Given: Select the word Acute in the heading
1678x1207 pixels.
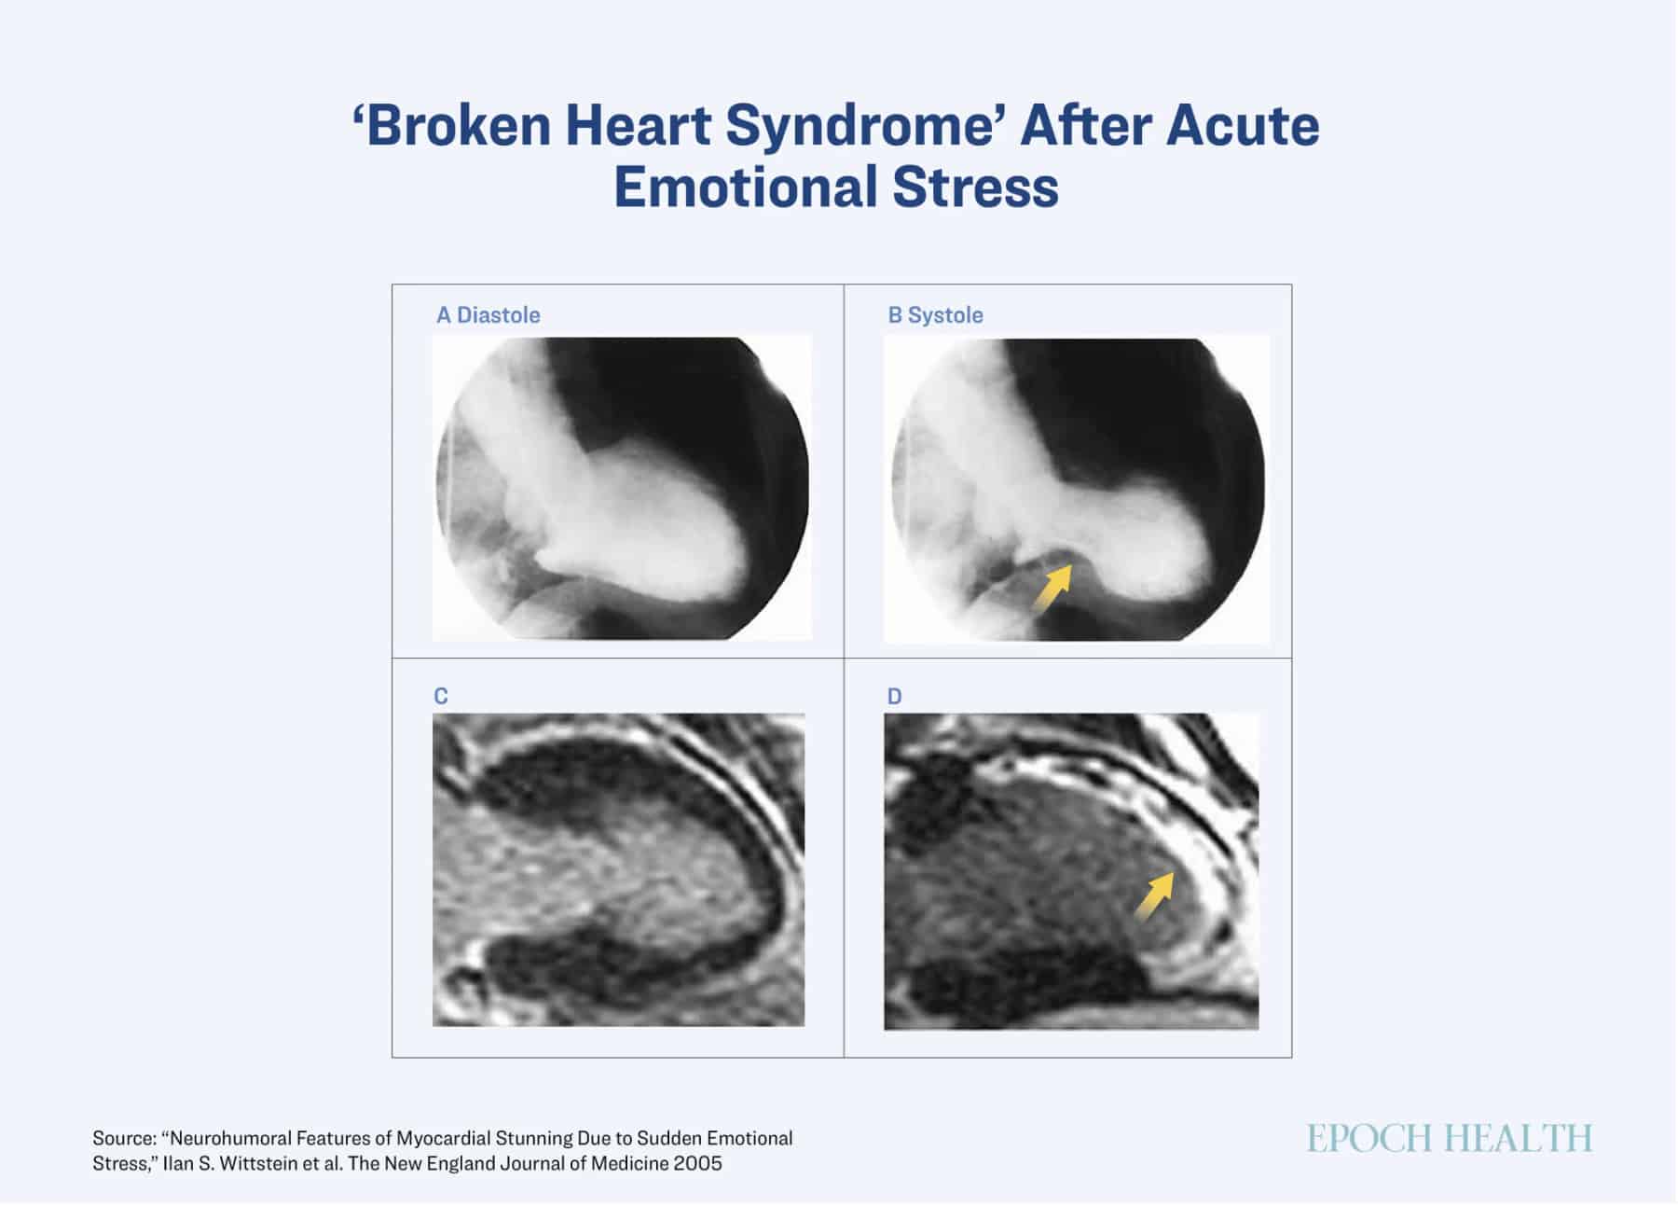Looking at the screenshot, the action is [1243, 126].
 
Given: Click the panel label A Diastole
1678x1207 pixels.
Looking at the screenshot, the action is [488, 315].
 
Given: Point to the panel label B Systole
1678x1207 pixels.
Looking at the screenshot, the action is [935, 315].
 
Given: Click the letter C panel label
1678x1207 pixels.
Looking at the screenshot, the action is [441, 697].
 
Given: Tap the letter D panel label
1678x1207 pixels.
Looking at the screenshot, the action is [894, 697].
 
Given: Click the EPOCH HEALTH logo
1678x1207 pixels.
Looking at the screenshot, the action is [1450, 1138].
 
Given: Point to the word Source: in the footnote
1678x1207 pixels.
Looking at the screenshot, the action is [124, 1138].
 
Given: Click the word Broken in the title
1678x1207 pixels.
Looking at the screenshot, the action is [453, 126].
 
